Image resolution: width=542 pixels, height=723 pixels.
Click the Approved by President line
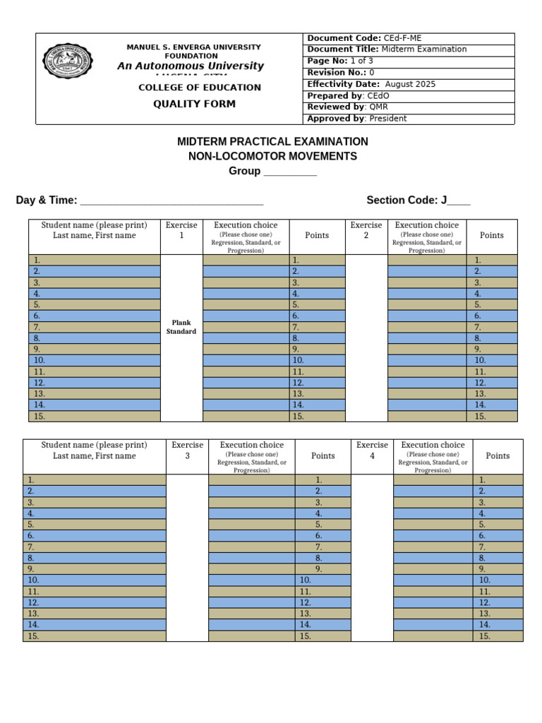pos(356,119)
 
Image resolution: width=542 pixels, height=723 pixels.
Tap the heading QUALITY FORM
pos(195,104)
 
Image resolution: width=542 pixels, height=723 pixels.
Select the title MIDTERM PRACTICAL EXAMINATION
pos(272,142)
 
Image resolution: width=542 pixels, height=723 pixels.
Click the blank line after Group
pos(290,172)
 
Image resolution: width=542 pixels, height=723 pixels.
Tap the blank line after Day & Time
pos(172,201)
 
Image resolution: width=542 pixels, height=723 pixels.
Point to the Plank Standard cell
pos(181,327)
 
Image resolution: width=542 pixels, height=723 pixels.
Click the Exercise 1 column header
pos(181,230)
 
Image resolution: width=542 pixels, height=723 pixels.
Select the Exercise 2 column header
pos(366,230)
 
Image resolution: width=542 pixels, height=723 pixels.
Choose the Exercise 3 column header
pos(187,450)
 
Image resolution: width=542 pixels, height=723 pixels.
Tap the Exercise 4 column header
pos(372,450)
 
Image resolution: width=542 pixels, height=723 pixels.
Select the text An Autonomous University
pos(190,66)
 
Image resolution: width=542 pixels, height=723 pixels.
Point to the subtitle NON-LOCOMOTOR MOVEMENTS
pos(272,156)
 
